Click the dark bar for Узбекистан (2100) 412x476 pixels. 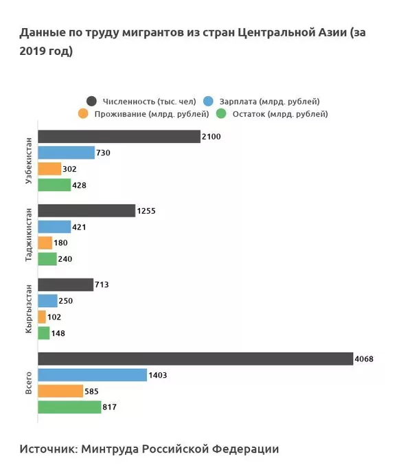coord(118,137)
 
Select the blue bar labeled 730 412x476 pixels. coord(65,152)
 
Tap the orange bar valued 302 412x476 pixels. coord(49,169)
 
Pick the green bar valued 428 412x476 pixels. coord(54,185)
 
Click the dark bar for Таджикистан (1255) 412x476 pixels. coord(86,211)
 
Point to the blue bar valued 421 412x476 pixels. coord(54,227)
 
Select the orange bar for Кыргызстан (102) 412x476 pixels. coord(41,317)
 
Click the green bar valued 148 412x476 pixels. coord(43,333)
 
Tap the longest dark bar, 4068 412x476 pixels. coord(195,359)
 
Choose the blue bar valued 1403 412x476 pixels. coord(92,375)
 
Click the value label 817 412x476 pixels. coord(109,407)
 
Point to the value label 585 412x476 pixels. coord(91,392)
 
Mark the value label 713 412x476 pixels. coord(102,284)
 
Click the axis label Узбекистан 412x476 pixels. coord(28,161)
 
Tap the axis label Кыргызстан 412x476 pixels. coord(28,309)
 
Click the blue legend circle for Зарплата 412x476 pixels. coord(211,102)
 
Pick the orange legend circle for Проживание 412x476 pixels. coord(83,114)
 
